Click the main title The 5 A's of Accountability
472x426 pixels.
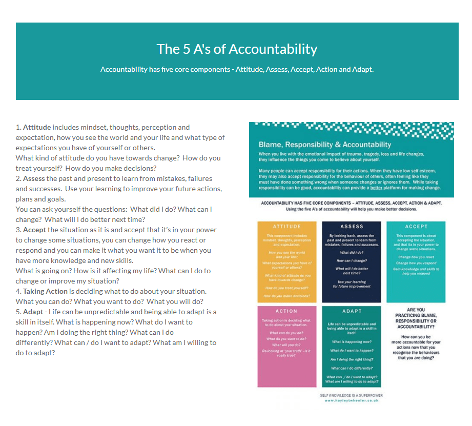pos(237,49)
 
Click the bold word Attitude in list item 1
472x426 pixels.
pos(37,127)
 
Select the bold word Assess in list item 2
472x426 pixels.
pos(34,178)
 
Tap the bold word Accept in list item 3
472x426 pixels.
pos(34,230)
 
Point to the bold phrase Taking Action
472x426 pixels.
pos(45,291)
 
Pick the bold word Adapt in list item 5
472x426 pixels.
pos(33,312)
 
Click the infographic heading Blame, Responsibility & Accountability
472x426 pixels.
pos(324,145)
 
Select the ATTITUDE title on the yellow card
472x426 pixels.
pos(286,226)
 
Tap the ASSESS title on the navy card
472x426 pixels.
pos(352,226)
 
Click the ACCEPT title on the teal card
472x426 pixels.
pos(416,226)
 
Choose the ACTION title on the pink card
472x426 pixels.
pos(286,311)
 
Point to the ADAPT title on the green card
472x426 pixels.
pos(352,311)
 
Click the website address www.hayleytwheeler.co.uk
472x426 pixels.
pos(351,400)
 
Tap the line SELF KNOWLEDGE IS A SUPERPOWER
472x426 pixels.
pos(351,395)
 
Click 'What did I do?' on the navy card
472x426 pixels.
pos(352,253)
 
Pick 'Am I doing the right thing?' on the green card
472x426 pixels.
pos(352,359)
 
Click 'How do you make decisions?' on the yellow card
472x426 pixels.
pos(286,296)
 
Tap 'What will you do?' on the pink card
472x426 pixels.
pos(286,344)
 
